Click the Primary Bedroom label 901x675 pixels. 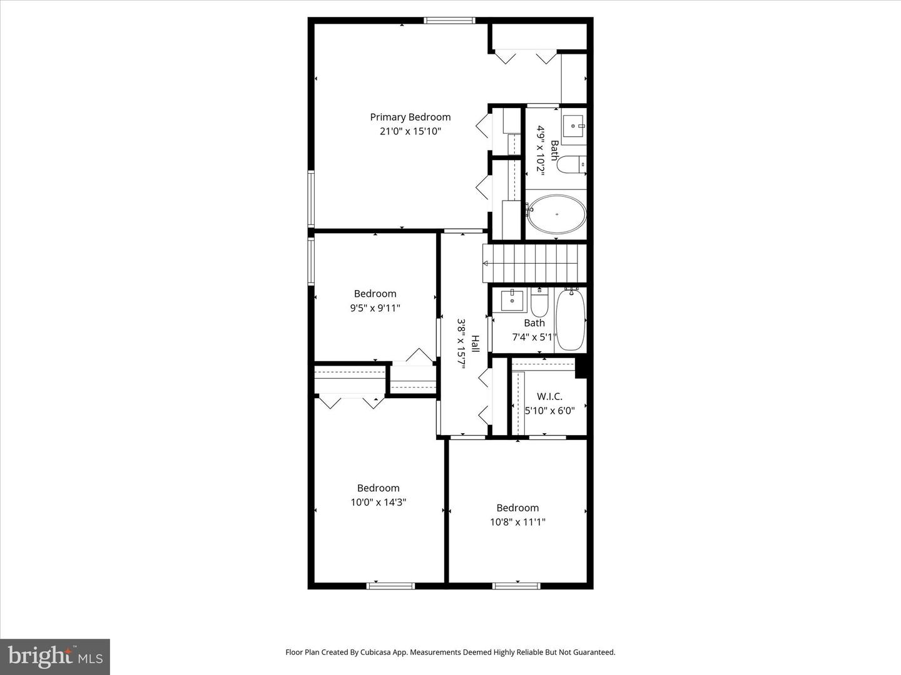[410, 117]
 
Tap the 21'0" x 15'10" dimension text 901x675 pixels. [410, 131]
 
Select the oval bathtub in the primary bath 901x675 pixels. [556, 214]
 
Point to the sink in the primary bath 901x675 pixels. [573, 125]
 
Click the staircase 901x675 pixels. [534, 263]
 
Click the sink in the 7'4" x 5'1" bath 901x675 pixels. [512, 300]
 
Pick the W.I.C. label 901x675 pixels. [549, 396]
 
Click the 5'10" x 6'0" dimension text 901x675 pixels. [549, 411]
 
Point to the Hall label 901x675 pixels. [475, 343]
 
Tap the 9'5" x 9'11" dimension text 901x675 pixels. [375, 307]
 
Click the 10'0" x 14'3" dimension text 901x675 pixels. [378, 502]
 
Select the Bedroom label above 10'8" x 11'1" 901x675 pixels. [517, 507]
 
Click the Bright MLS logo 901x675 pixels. [55, 656]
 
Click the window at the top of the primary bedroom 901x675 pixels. [449, 21]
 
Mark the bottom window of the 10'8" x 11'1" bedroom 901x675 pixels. [516, 586]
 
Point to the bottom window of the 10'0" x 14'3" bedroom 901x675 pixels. [390, 586]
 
